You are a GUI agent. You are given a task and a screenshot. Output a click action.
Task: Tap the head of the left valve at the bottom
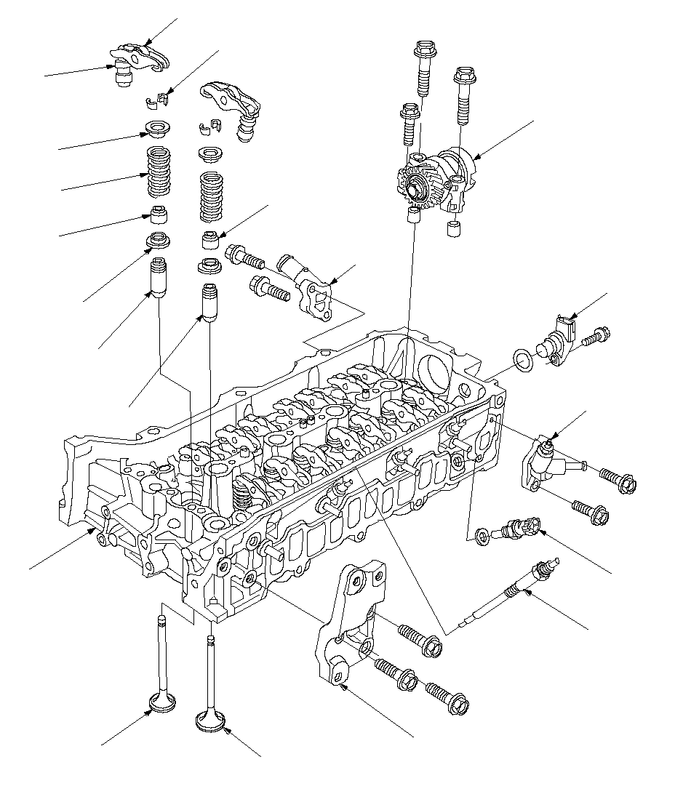pyautogui.click(x=161, y=702)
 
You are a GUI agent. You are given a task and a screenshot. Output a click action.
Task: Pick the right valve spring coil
pyautogui.click(x=211, y=195)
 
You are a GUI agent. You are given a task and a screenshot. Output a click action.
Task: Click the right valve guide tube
pyautogui.click(x=209, y=302)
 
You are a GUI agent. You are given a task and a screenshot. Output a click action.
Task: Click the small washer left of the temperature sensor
pyautogui.click(x=481, y=536)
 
